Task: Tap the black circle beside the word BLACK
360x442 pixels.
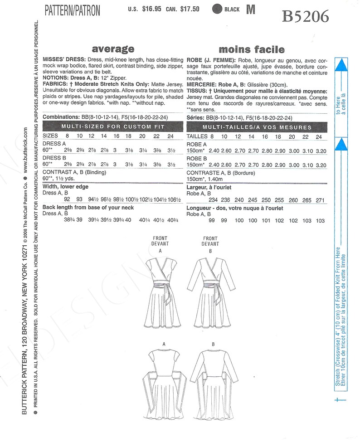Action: tap(218, 9)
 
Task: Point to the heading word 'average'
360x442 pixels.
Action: tap(113, 49)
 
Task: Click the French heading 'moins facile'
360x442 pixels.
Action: tap(252, 49)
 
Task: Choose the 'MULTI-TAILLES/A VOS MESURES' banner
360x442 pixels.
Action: tap(258, 127)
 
